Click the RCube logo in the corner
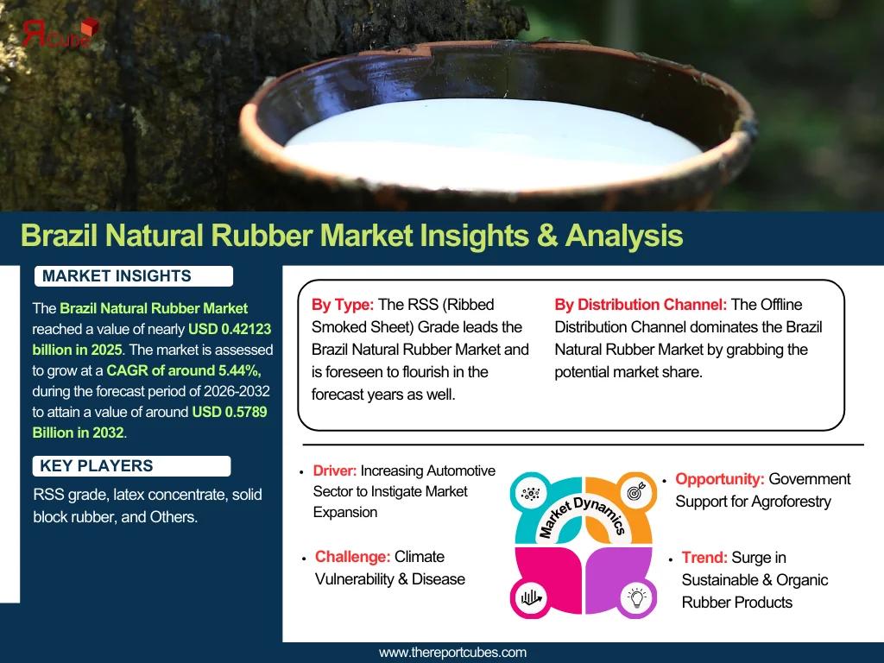(60, 33)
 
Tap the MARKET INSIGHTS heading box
(134, 276)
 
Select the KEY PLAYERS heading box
(132, 466)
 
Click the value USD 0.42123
(230, 329)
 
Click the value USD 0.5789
(230, 412)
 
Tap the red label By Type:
(343, 305)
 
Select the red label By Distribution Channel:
(641, 305)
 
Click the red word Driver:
(335, 470)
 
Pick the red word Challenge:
(352, 557)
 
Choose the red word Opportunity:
(720, 479)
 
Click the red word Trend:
(704, 558)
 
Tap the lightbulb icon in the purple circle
(637, 597)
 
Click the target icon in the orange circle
(637, 491)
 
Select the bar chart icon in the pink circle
(531, 597)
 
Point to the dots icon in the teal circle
(531, 494)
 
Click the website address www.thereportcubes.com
(452, 653)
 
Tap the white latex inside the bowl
(490, 145)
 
